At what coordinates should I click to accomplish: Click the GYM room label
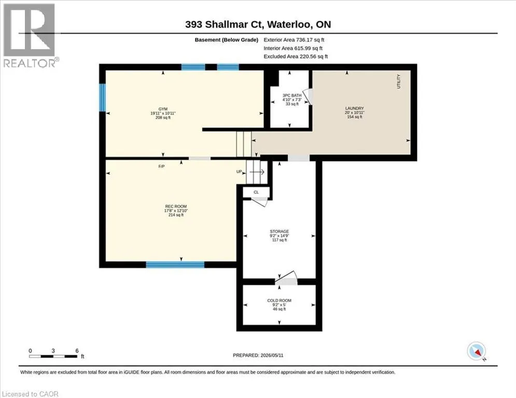[163, 109]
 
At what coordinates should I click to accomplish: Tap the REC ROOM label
[176, 206]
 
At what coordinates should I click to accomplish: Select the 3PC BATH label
[292, 95]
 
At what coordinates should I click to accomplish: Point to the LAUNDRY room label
[354, 108]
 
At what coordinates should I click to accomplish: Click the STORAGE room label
[280, 231]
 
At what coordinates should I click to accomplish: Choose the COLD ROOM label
[279, 300]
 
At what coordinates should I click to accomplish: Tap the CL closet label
[256, 192]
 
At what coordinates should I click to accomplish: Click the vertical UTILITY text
[398, 81]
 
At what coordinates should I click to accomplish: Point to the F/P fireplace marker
[161, 166]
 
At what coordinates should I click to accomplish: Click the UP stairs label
[239, 172]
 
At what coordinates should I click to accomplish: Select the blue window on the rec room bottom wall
[175, 264]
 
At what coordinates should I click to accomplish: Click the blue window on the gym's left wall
[102, 97]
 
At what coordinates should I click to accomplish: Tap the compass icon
[476, 351]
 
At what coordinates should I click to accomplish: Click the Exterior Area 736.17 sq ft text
[294, 40]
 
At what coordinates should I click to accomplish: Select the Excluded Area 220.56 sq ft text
[296, 56]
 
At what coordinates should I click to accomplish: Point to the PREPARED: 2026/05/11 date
[258, 355]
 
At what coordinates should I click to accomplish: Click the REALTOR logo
[30, 36]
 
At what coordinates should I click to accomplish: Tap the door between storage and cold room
[286, 278]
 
